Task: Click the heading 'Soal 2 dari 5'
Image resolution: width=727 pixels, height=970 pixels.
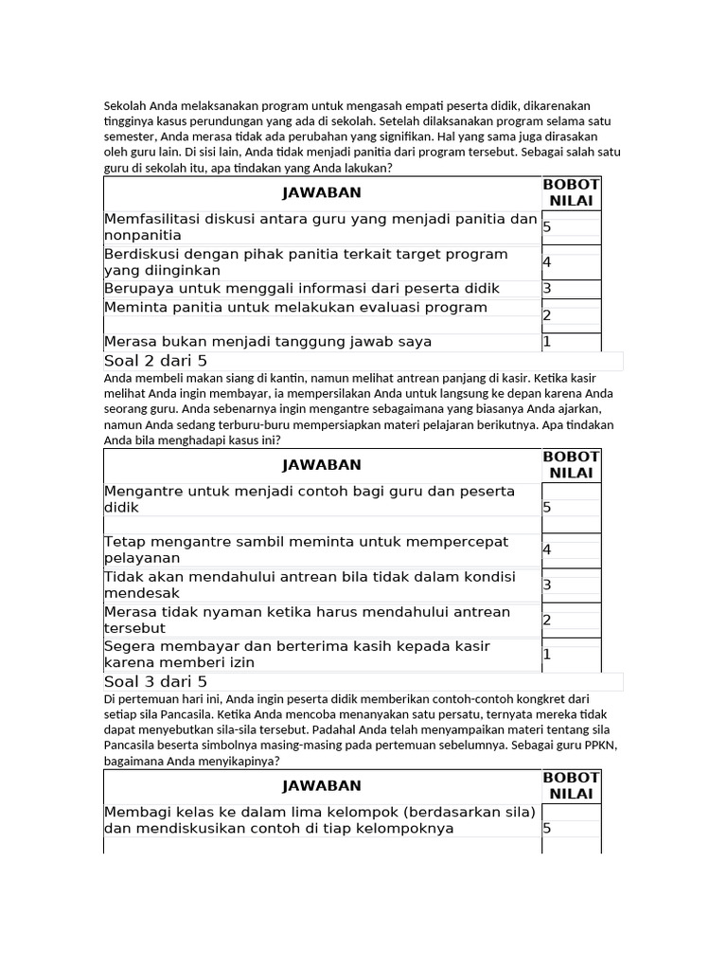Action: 155,361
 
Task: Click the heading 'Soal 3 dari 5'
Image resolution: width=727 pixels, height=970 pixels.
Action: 155,682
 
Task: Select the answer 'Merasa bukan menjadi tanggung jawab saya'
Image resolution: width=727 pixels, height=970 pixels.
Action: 268,341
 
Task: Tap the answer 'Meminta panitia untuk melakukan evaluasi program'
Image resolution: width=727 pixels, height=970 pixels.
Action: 295,307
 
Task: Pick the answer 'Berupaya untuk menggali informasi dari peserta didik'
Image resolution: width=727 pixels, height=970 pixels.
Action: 302,288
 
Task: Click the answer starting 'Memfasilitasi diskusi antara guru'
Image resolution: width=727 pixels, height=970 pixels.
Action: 320,227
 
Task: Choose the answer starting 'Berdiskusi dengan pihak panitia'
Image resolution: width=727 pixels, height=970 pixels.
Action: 306,261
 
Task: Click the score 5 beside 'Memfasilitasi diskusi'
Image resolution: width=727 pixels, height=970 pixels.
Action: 548,227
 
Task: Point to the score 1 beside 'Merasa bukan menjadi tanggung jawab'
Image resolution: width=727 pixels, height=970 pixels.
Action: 547,341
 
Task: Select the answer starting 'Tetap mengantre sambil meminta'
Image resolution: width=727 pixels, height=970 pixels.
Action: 306,549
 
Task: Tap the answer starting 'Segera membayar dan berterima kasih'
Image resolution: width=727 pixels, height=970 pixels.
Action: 297,654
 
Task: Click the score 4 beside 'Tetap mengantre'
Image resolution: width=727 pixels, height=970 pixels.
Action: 548,549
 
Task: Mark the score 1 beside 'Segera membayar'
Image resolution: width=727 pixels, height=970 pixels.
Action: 547,654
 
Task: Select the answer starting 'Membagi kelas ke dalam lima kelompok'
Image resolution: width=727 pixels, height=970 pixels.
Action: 320,820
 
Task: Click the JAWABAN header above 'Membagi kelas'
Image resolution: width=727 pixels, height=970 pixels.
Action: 322,786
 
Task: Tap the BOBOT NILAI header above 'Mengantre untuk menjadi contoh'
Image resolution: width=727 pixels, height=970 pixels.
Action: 571,464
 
